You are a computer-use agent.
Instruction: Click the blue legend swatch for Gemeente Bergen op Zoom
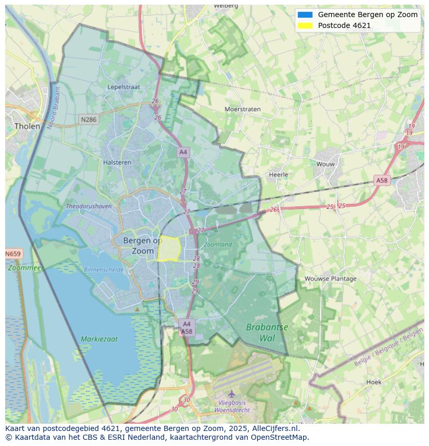(305, 15)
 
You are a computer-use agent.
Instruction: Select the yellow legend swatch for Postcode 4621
(305, 25)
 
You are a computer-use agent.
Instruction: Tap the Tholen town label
(27, 126)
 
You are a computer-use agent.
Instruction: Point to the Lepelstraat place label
(124, 87)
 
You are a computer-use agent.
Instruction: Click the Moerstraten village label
(242, 109)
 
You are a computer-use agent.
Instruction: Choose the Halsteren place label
(117, 162)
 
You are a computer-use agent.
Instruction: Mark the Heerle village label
(278, 175)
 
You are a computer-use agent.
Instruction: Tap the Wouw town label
(325, 164)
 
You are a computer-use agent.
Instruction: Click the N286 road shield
(89, 120)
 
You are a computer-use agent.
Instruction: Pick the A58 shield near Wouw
(381, 180)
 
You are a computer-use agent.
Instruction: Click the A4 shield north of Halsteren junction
(182, 152)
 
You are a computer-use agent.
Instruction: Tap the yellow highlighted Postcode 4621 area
(168, 249)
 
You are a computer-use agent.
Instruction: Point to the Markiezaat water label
(99, 339)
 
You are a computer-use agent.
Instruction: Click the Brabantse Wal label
(267, 333)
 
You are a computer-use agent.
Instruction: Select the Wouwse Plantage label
(331, 279)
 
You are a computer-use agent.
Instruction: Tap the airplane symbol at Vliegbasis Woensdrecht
(232, 394)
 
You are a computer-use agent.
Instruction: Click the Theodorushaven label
(89, 206)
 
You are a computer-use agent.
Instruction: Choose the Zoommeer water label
(26, 268)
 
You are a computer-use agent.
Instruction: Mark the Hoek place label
(374, 382)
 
